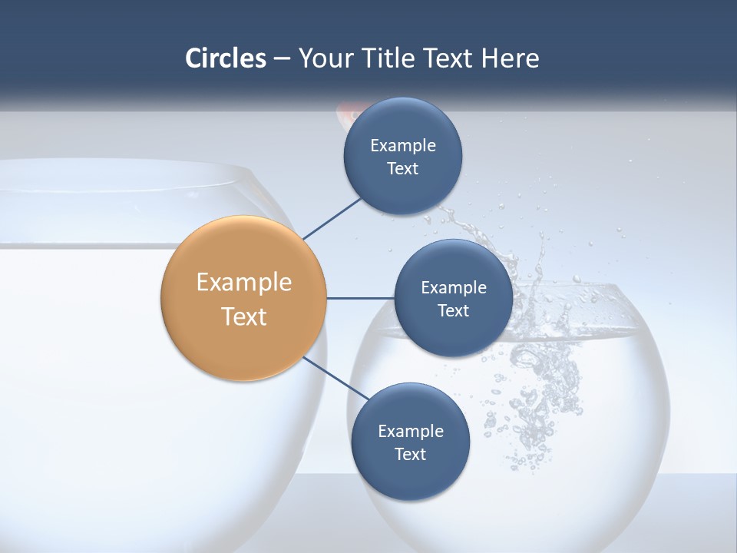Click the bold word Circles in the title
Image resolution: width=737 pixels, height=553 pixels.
(x=225, y=58)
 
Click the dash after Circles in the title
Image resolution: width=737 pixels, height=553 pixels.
(x=281, y=59)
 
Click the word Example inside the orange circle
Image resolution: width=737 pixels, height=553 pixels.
(x=243, y=283)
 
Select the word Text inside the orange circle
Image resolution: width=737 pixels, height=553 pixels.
(x=243, y=316)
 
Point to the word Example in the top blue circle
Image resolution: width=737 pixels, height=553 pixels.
(x=402, y=145)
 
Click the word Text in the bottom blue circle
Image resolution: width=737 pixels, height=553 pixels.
(x=410, y=454)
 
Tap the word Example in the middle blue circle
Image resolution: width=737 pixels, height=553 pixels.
(x=453, y=287)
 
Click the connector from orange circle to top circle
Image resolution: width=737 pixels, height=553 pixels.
(x=332, y=218)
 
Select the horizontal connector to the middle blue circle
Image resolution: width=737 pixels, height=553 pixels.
(x=360, y=298)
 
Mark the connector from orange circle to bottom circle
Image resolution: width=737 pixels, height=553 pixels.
(x=335, y=379)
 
